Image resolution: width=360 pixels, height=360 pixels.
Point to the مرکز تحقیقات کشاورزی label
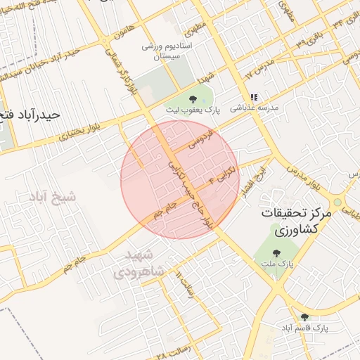pyautogui.click(x=295, y=221)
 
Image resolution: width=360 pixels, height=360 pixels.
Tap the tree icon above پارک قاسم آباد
pyautogui.click(x=304, y=318)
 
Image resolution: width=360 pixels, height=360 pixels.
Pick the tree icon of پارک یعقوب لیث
pyautogui.click(x=193, y=98)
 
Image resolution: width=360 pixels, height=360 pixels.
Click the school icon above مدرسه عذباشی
pyautogui.click(x=254, y=97)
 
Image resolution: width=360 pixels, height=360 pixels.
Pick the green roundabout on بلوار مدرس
pyautogui.click(x=337, y=202)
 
